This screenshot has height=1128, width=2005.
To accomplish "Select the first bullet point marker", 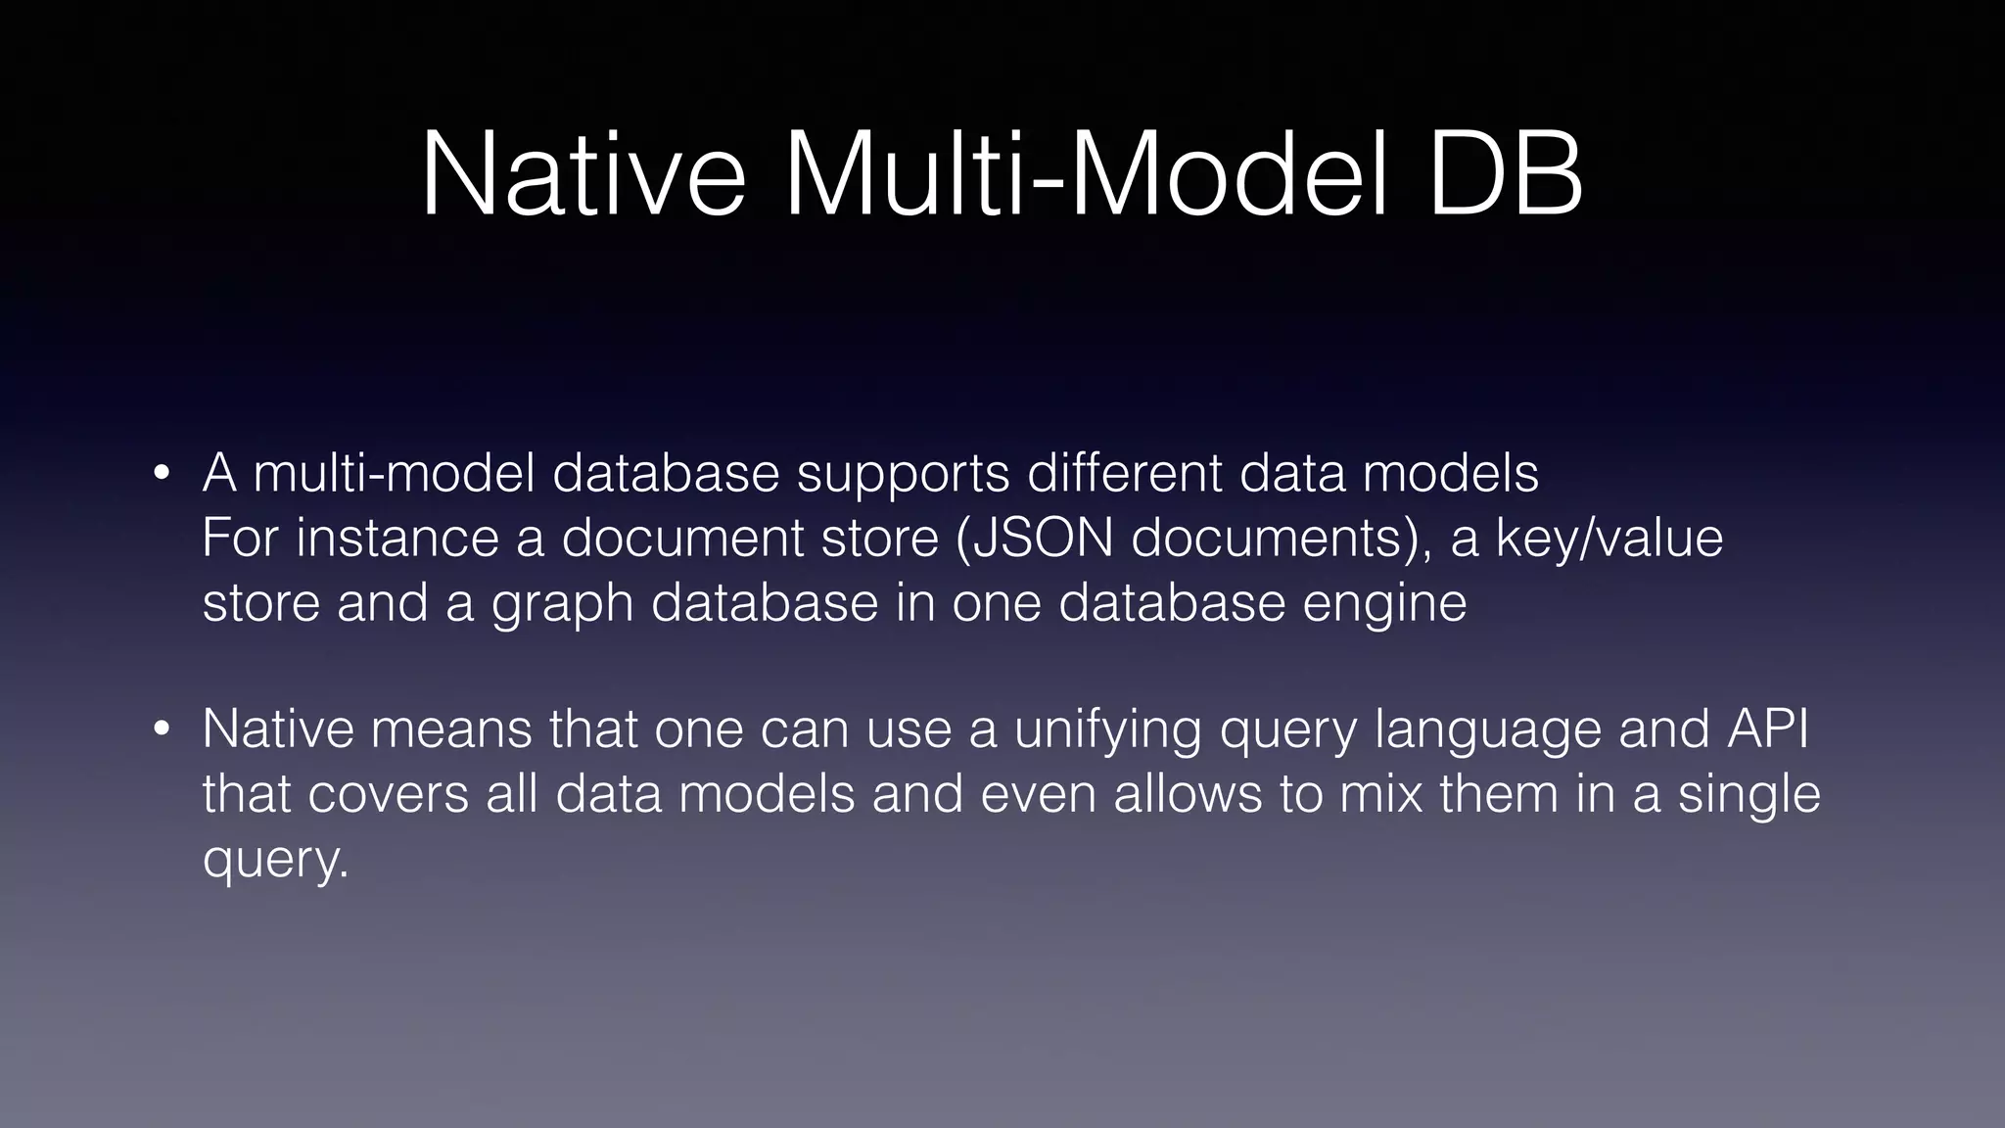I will [163, 475].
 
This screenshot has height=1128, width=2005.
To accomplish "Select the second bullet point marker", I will [163, 730].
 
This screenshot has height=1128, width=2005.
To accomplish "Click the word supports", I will [903, 475].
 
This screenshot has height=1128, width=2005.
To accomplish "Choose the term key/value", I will [1609, 538].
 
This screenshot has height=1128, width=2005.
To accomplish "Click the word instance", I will [397, 538].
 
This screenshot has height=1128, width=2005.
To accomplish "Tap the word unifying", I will [1106, 730].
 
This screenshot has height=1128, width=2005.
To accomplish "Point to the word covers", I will [388, 794].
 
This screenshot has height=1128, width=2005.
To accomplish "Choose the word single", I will [1749, 794].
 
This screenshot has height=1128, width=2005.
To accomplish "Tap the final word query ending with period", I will [275, 860].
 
